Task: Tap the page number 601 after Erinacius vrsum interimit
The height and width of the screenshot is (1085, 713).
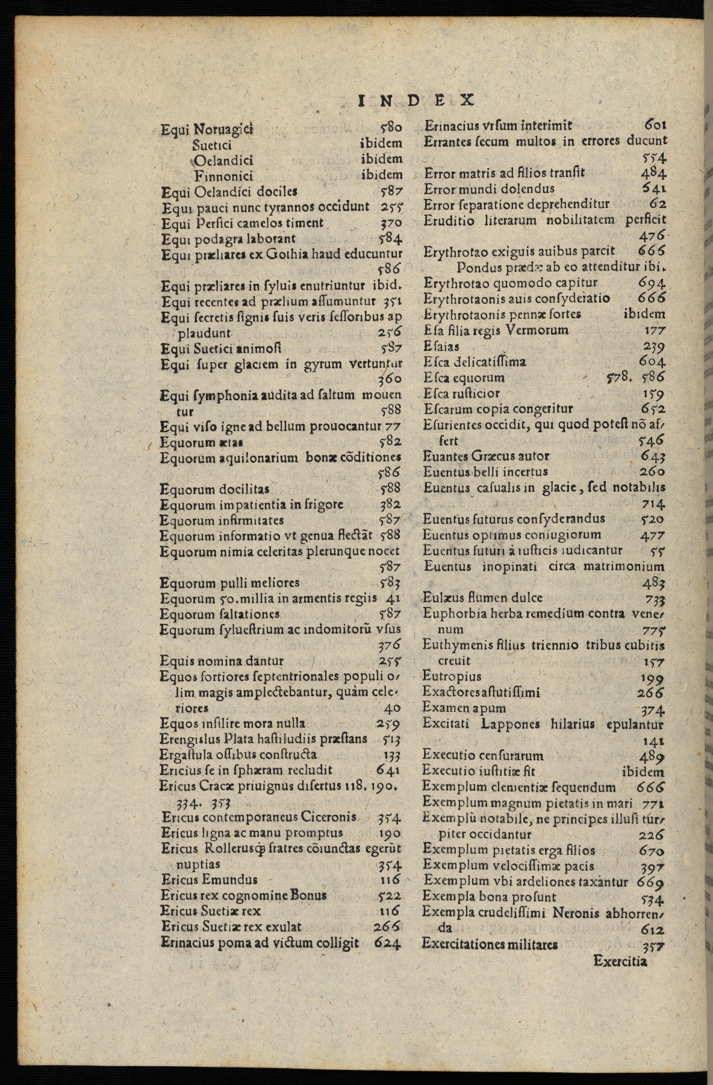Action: tap(655, 125)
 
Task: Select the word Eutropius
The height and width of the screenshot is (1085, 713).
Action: tap(452, 676)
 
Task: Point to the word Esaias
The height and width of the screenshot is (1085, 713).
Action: tap(441, 347)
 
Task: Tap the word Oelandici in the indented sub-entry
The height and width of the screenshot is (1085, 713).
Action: tap(223, 160)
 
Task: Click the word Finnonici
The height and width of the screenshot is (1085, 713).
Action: tap(223, 176)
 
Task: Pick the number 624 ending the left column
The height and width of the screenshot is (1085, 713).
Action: tap(387, 943)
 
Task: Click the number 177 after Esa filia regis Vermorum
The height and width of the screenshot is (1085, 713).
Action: tap(654, 330)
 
